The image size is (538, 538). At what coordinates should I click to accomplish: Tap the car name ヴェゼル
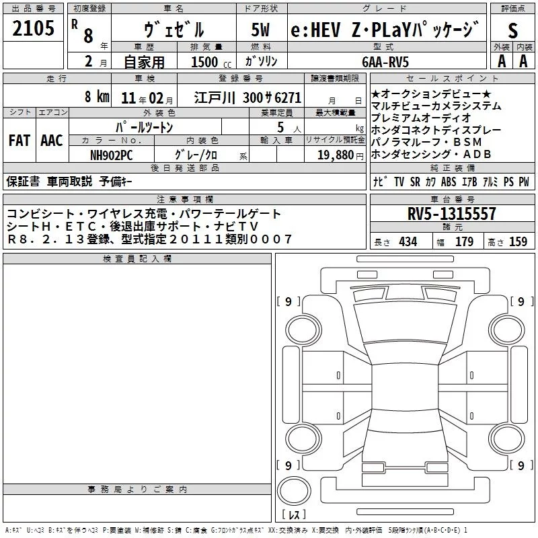(x=174, y=30)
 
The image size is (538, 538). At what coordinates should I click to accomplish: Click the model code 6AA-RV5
(x=385, y=61)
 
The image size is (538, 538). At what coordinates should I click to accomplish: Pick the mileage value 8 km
(x=97, y=96)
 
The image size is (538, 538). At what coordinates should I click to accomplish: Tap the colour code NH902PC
(x=112, y=154)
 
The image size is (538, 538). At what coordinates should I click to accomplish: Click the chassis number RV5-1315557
(x=452, y=214)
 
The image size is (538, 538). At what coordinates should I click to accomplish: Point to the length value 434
(x=408, y=241)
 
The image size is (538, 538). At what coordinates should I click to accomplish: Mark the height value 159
(x=517, y=241)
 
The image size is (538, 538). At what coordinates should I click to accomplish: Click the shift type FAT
(x=19, y=140)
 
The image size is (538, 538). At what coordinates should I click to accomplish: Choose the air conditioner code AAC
(x=51, y=140)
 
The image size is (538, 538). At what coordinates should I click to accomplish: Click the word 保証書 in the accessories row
(x=24, y=182)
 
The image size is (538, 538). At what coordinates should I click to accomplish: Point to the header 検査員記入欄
(x=137, y=259)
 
